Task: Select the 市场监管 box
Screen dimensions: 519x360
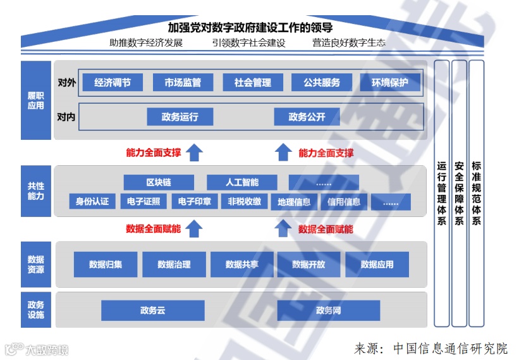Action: tap(183, 82)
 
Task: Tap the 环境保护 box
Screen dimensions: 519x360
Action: tap(390, 82)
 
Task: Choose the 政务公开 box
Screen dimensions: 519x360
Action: tap(307, 117)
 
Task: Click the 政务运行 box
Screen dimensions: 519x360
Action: tap(180, 117)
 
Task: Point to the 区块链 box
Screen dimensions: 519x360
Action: tap(159, 183)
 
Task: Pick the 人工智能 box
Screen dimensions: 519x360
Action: tap(242, 183)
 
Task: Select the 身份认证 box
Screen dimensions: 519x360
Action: tap(92, 202)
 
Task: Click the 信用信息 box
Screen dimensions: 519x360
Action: tap(344, 202)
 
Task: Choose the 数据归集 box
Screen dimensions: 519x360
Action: tap(106, 264)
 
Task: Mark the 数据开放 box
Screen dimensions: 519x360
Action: tap(308, 264)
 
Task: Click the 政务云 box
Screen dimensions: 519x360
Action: tap(153, 311)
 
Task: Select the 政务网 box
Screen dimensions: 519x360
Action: tap(329, 311)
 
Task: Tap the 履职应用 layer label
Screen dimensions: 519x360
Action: tap(35, 100)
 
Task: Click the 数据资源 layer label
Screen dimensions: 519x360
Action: tap(35, 264)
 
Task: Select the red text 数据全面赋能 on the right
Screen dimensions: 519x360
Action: tap(326, 229)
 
